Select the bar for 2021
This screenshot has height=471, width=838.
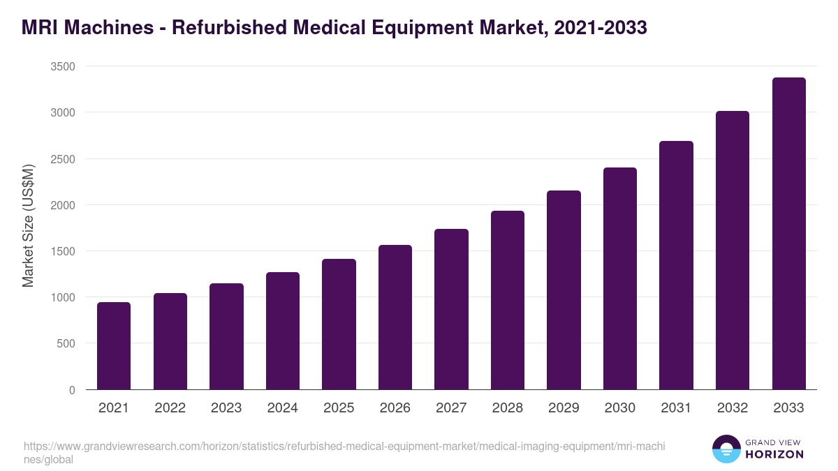pos(114,346)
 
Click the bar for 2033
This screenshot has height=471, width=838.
pos(789,234)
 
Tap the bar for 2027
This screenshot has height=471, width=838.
pos(451,309)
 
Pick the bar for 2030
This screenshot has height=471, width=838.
pos(620,278)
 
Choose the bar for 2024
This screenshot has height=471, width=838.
pos(283,331)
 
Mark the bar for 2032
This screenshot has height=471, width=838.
pos(733,251)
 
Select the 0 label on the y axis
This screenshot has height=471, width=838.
pos(72,389)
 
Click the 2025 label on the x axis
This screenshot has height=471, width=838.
pos(339,408)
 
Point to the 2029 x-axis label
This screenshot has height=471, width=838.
pos(564,408)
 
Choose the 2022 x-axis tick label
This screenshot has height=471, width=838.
pos(170,408)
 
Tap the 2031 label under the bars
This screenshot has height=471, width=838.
pos(676,408)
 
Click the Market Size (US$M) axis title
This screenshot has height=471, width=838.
pos(29,226)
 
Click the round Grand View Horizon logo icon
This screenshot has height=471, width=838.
pos(726,449)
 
